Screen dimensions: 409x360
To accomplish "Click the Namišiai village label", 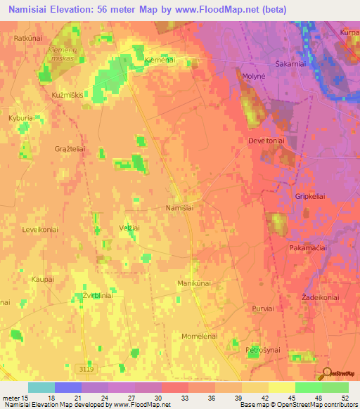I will pyautogui.click(x=179, y=209).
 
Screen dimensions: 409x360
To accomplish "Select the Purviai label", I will pyautogui.click(x=262, y=308).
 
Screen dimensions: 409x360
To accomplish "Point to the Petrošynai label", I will pyautogui.click(x=264, y=349).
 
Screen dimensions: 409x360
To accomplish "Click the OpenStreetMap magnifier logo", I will pyautogui.click(x=327, y=372).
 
